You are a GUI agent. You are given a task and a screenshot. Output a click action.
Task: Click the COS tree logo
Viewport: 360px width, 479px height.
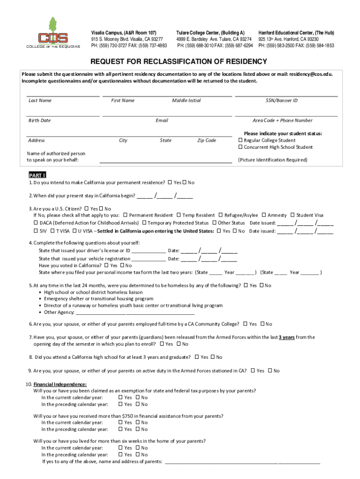pyautogui.click(x=52, y=33)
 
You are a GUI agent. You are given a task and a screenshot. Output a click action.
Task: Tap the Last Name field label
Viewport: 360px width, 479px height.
pyautogui.click(x=40, y=101)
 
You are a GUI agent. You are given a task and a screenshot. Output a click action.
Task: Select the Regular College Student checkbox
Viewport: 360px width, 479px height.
pyautogui.click(x=241, y=140)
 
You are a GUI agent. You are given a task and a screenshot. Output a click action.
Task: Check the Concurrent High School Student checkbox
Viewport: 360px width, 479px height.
pyautogui.click(x=241, y=147)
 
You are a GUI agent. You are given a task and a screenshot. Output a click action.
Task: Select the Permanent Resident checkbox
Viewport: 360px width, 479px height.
pyautogui.click(x=125, y=215)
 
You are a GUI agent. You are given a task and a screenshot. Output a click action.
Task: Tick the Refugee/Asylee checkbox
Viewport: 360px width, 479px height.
pyautogui.click(x=221, y=215)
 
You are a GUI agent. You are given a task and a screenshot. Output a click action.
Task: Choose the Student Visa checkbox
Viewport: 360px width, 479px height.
pyautogui.click(x=292, y=215)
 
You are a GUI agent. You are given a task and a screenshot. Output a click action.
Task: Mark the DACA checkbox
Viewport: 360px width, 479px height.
pyautogui.click(x=36, y=223)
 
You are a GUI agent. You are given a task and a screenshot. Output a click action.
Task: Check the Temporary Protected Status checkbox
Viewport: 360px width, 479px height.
pyautogui.click(x=144, y=223)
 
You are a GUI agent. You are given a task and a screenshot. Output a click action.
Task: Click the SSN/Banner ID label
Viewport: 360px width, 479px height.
pyautogui.click(x=281, y=101)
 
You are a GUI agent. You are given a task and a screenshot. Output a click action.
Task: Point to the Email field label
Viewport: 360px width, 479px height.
pyautogui.click(x=162, y=121)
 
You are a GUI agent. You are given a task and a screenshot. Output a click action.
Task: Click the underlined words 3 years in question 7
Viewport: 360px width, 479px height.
pyautogui.click(x=287, y=337)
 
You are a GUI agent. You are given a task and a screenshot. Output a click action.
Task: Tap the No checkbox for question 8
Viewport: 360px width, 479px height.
pyautogui.click(x=213, y=357)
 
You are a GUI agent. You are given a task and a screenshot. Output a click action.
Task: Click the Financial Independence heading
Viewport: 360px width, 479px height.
pyautogui.click(x=53, y=384)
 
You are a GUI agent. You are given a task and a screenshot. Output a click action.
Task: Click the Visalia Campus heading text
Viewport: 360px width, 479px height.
pyautogui.click(x=123, y=32)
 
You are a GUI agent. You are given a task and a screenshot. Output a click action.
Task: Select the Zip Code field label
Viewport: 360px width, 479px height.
pyautogui.click(x=206, y=140)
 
